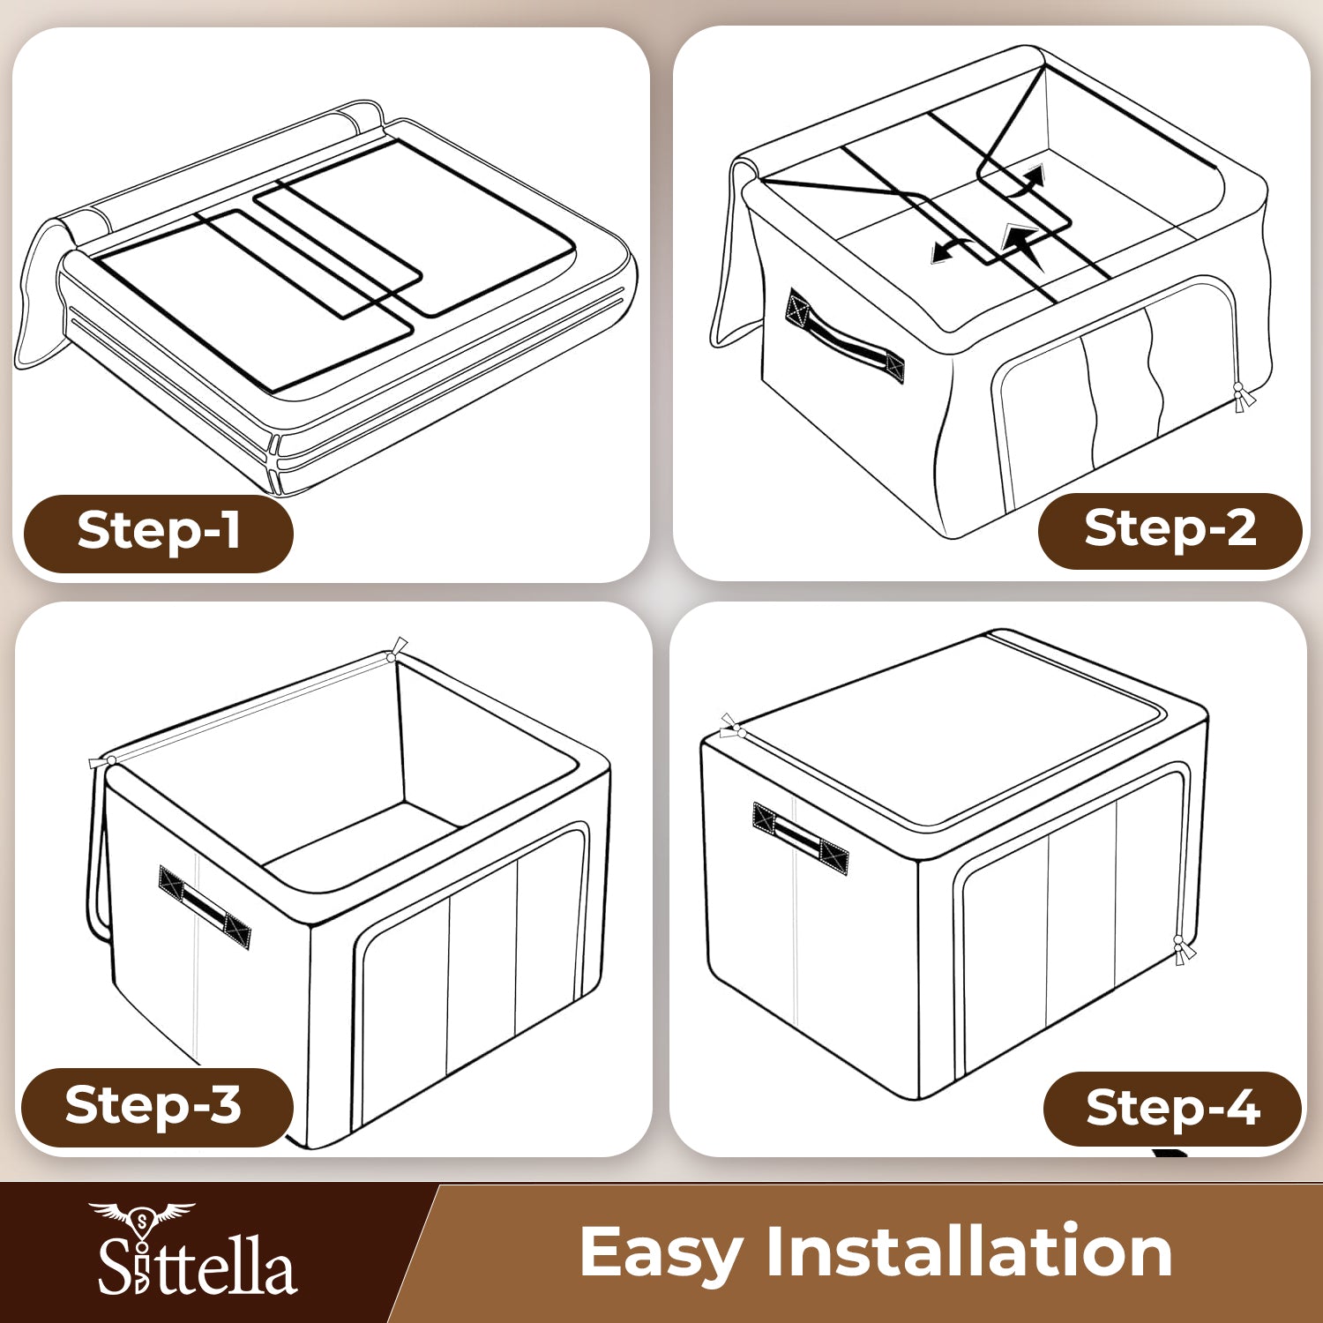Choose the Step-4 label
point(1172,1109)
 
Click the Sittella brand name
point(197,1265)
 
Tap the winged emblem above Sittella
point(141,1218)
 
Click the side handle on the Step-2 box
point(844,337)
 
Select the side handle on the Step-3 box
point(205,907)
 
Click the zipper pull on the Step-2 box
point(1242,399)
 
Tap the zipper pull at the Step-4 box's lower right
point(1182,950)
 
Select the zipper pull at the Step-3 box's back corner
point(396,650)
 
